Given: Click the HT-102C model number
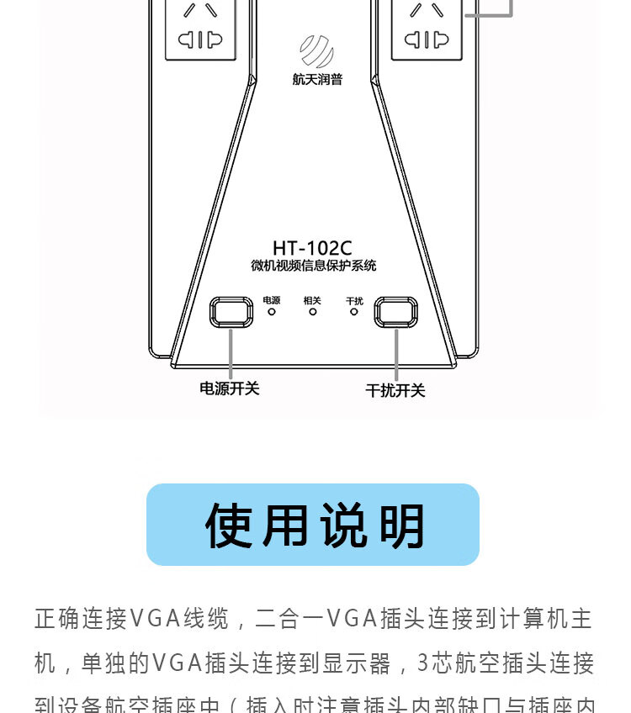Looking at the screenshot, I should (312, 248).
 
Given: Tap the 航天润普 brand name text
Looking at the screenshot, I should (317, 81).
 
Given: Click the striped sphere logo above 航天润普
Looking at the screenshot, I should (317, 51).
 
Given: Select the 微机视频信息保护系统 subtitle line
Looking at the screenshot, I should (313, 267).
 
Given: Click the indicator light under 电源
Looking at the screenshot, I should (272, 312).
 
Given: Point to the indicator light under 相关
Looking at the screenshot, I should (312, 312).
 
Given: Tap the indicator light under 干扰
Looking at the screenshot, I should (354, 312).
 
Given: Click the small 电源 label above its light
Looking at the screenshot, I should (272, 300).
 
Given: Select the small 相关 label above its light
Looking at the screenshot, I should (312, 300).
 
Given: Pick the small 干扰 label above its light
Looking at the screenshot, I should (354, 300).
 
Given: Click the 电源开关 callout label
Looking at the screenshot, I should (229, 388).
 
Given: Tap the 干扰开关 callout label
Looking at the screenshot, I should (395, 390).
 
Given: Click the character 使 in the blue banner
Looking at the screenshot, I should (229, 526).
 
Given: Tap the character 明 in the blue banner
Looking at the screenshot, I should (402, 526).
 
